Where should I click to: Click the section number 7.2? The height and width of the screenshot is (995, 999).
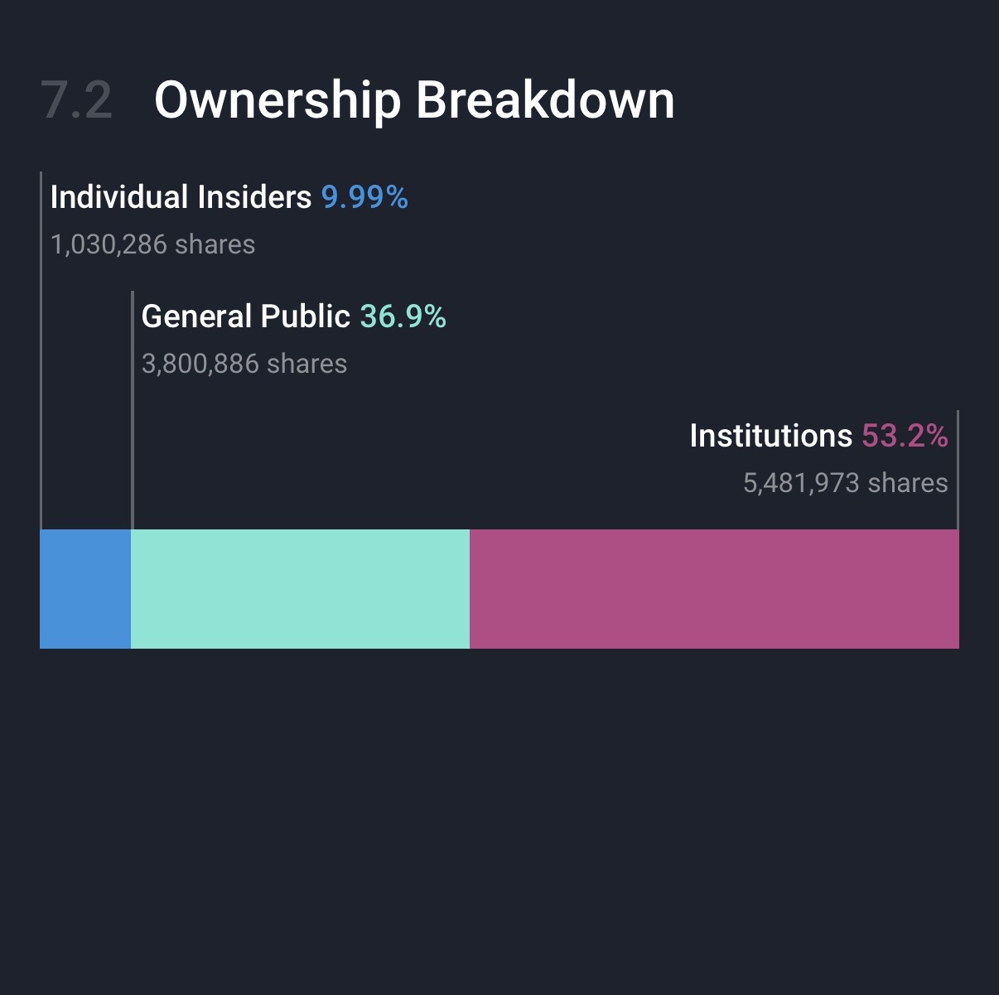(x=76, y=100)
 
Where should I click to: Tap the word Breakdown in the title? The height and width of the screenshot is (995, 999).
(x=545, y=100)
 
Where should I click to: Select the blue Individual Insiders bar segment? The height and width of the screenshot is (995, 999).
(x=85, y=588)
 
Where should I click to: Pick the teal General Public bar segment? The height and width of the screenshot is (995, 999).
(x=300, y=588)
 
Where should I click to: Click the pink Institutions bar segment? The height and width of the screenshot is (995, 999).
(x=714, y=588)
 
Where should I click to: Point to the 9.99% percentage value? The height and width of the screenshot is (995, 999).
(x=364, y=197)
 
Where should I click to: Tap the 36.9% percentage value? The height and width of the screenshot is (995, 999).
(x=403, y=316)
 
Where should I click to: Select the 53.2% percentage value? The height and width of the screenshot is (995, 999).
(x=905, y=436)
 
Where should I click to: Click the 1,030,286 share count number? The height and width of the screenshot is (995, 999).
(x=109, y=244)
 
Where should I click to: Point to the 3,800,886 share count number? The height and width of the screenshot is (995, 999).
(x=200, y=364)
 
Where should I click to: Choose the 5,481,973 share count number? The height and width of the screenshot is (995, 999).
(x=801, y=483)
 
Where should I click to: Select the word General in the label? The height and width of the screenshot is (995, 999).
(x=196, y=316)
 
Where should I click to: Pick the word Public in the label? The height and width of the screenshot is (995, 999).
(x=305, y=316)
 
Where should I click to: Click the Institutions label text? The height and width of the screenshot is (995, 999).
(x=770, y=436)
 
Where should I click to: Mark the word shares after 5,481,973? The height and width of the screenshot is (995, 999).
(x=908, y=483)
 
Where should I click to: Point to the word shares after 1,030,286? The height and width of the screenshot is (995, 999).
(x=215, y=244)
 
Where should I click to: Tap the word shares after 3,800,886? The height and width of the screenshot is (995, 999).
(x=307, y=364)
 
